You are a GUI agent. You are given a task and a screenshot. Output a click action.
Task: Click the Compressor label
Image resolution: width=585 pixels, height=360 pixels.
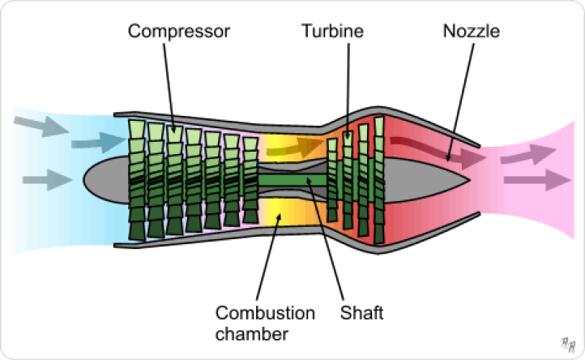(x=179, y=32)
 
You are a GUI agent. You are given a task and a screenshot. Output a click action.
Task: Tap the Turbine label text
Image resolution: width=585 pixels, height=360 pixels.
(x=332, y=32)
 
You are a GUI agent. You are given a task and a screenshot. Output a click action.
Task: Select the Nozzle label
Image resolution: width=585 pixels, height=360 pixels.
(x=472, y=32)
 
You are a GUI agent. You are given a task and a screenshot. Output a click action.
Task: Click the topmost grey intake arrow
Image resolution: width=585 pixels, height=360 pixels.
(x=36, y=126)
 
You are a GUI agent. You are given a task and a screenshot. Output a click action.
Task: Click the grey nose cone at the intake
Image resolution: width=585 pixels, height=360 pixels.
(x=105, y=178)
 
